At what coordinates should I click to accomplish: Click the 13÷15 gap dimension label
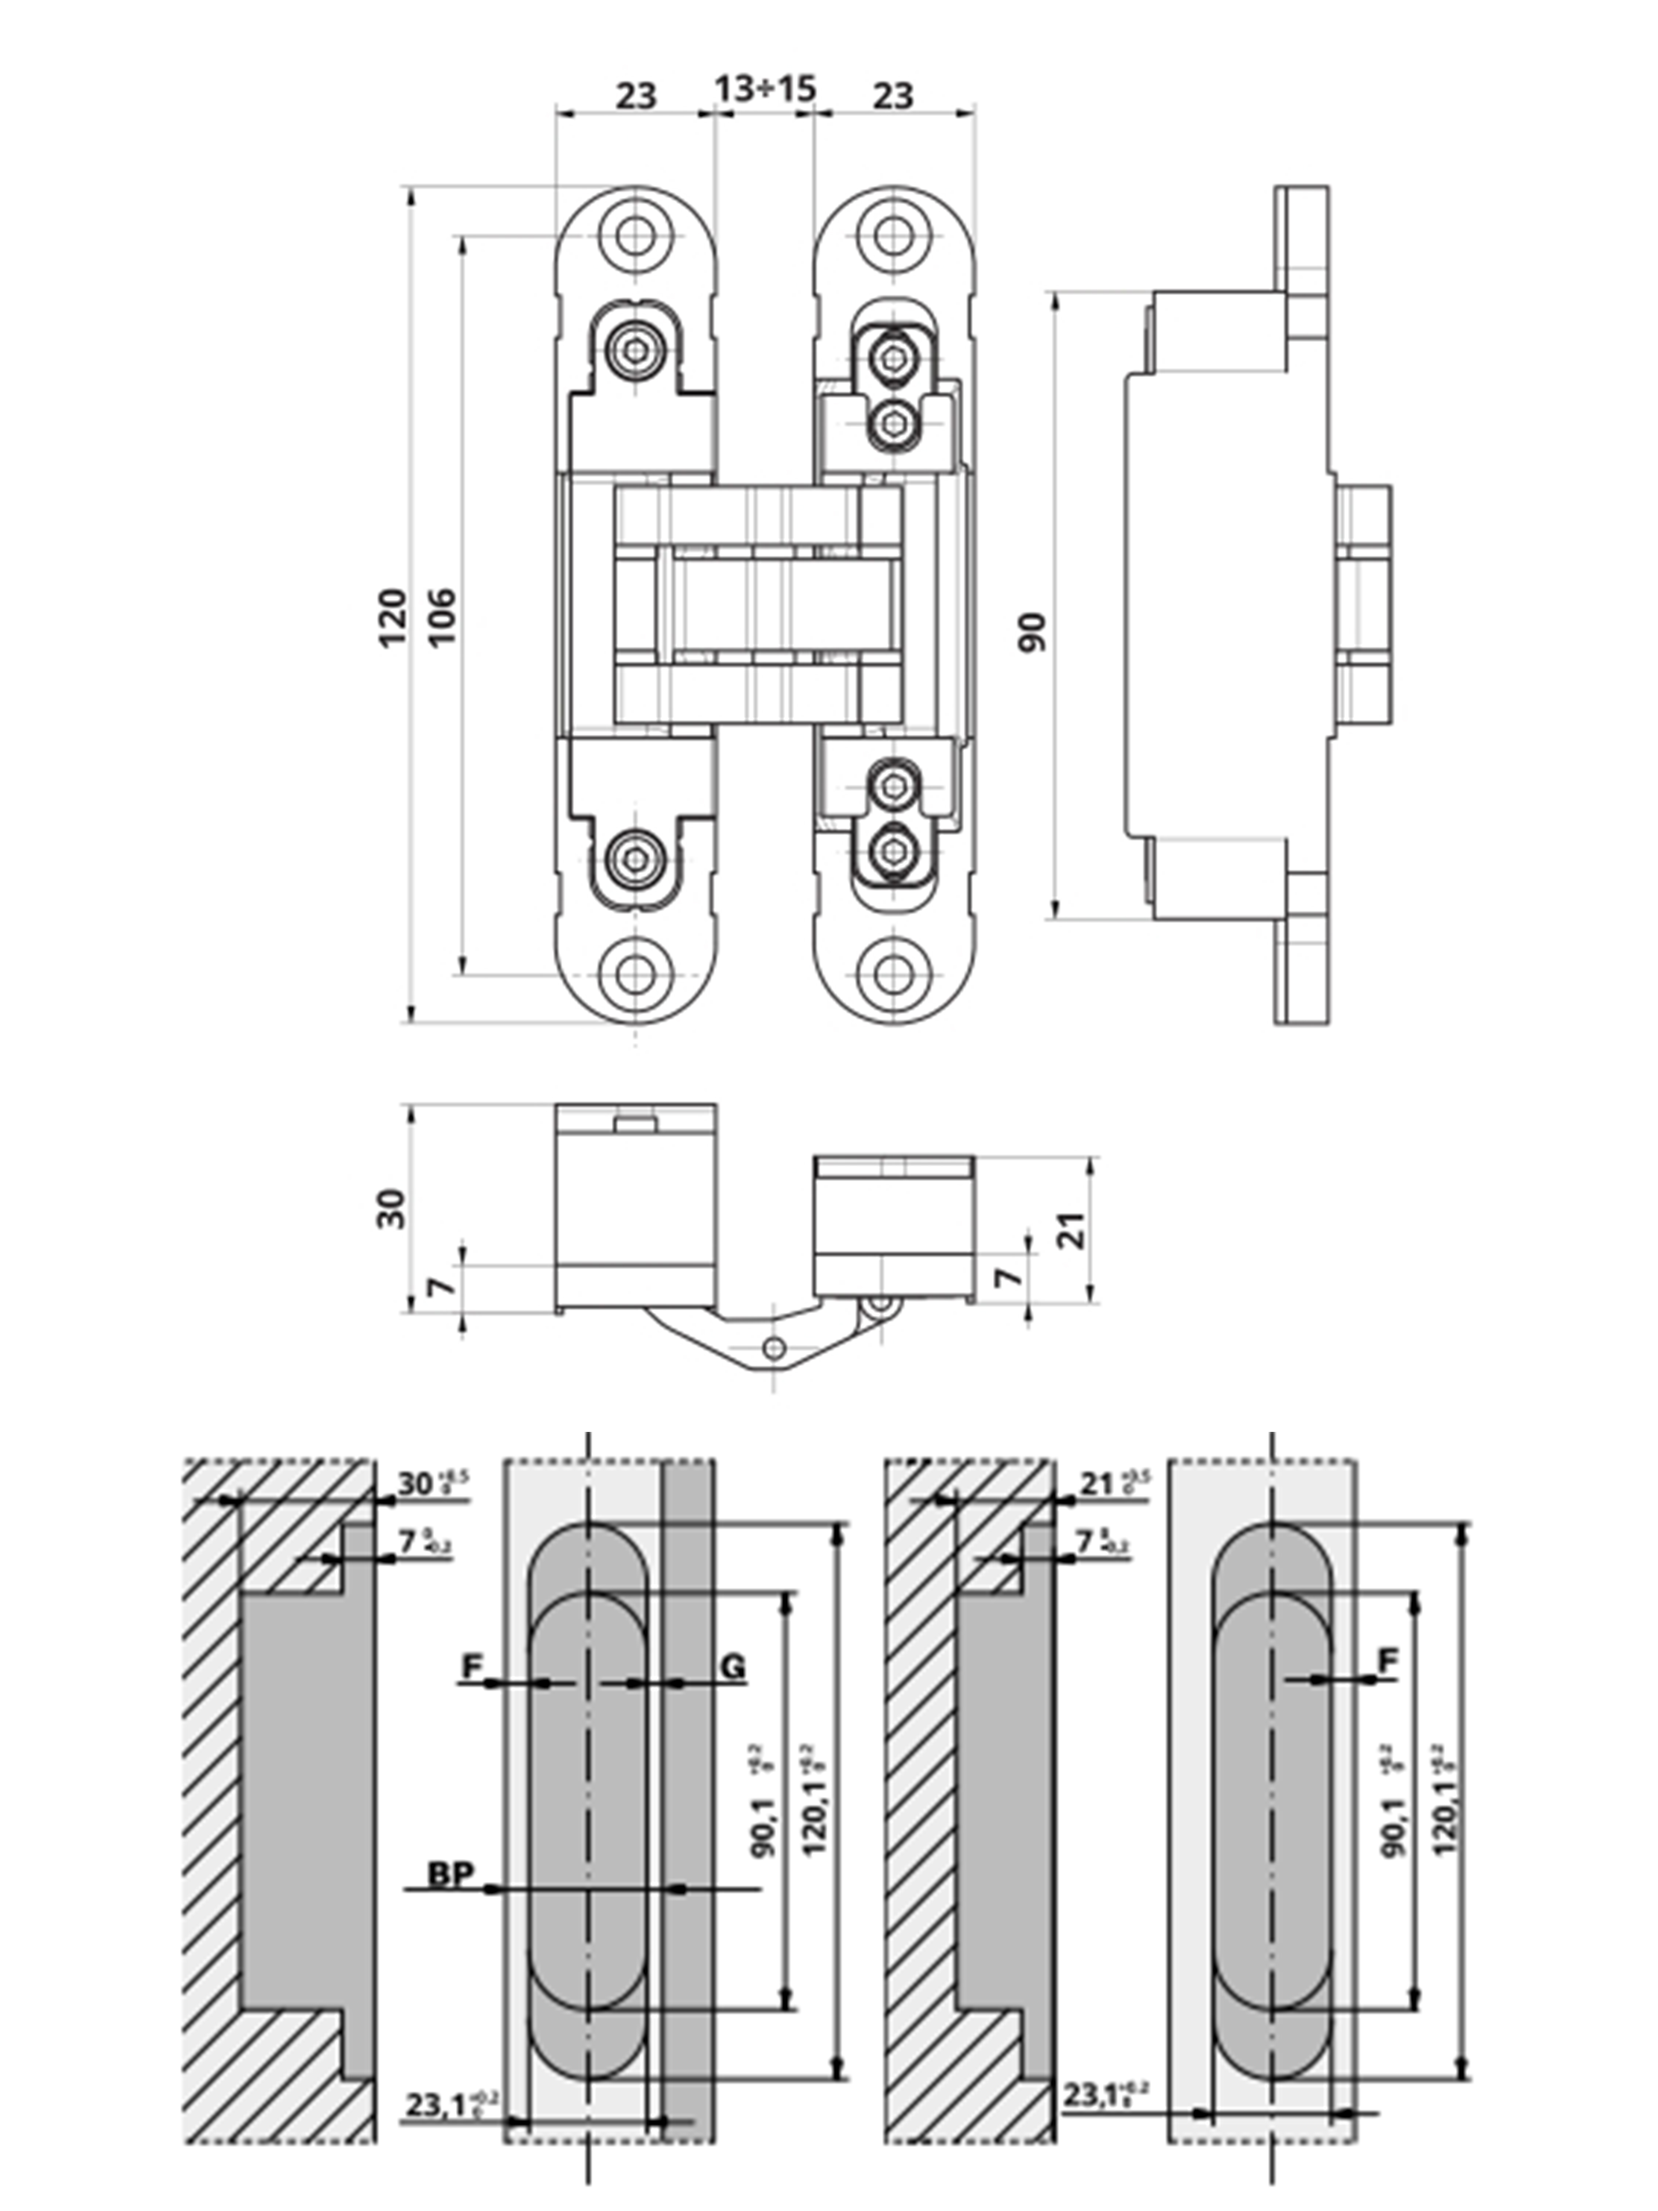765,90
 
